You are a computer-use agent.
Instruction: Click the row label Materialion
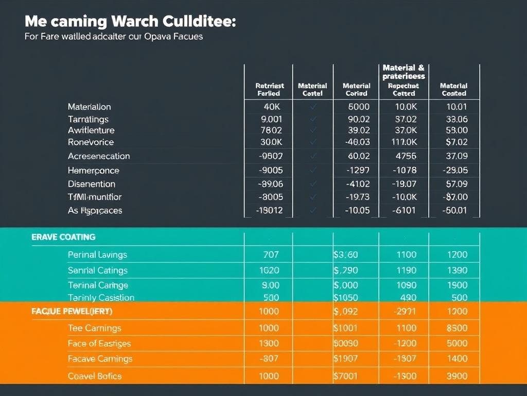pos(89,107)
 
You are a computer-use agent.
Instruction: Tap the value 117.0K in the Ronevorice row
pos(403,142)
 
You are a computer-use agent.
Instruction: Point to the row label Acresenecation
pos(98,156)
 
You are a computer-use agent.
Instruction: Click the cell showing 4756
pos(406,156)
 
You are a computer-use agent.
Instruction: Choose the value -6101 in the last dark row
pos(405,210)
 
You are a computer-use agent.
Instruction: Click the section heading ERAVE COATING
pos(63,237)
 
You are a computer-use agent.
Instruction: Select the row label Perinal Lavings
pos(97,254)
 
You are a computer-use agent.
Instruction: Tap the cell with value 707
pos(270,254)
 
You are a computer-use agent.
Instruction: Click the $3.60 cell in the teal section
pos(345,254)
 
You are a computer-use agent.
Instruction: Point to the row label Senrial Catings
pos(97,270)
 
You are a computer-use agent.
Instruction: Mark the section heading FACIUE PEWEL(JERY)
pos(72,311)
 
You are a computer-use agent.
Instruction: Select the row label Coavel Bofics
pos(95,376)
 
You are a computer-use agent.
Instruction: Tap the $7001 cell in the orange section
pos(345,376)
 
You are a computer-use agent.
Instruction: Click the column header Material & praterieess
pos(403,72)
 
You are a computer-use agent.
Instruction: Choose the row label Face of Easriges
pos(99,343)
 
